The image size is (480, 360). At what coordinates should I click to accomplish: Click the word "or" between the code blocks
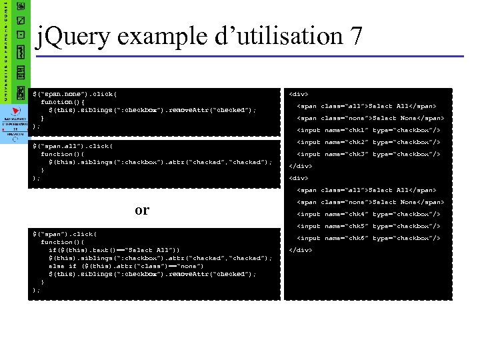tap(142, 210)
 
